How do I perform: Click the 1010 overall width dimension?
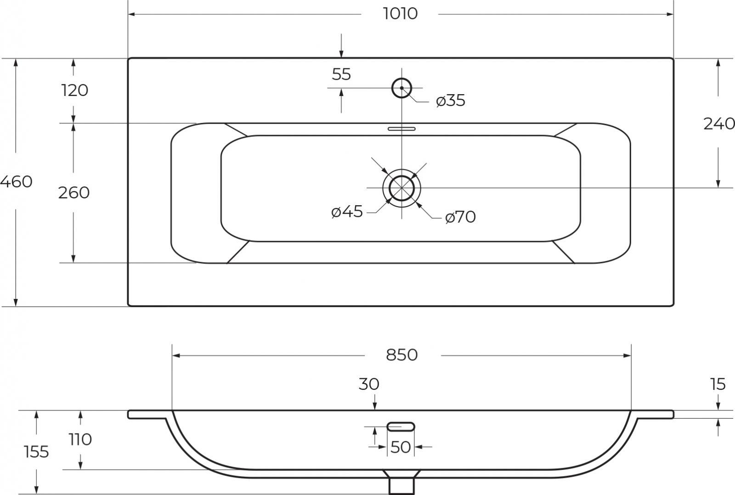[x=400, y=14]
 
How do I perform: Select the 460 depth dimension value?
[x=17, y=181]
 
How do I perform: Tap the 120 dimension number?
[x=74, y=90]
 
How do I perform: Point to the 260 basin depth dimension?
[x=74, y=192]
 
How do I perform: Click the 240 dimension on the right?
[x=719, y=124]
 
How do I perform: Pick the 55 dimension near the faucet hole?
[x=341, y=74]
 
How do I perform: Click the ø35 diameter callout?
[x=451, y=101]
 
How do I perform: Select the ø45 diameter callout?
[x=347, y=211]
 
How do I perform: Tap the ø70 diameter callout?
[x=460, y=217]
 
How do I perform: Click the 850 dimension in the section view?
[x=401, y=355]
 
